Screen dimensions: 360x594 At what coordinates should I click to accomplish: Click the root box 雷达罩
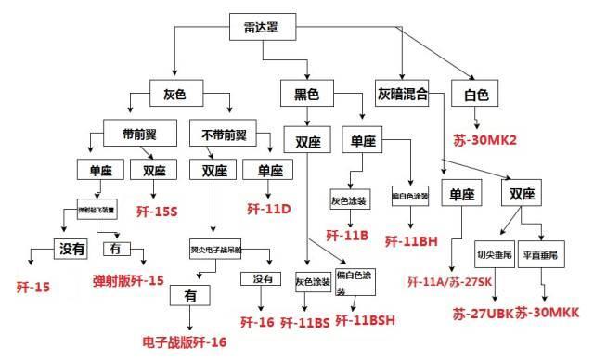(x=262, y=30)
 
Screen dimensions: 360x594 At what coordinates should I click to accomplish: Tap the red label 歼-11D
(x=269, y=208)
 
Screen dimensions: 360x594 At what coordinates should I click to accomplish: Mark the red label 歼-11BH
(x=413, y=241)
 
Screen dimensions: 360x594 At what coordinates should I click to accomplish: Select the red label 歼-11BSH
(x=367, y=321)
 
